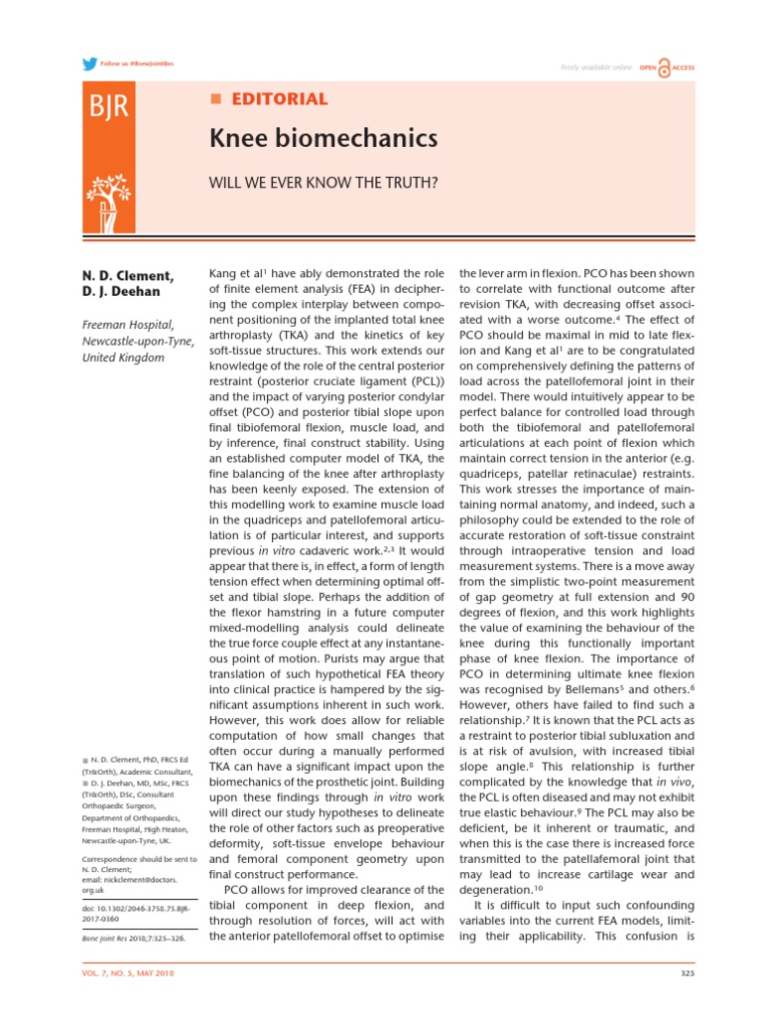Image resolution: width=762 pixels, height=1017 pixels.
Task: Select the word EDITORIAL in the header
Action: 279,99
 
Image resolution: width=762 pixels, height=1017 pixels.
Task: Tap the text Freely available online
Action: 596,68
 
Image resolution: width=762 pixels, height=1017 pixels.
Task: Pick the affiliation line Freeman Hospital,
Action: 127,324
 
